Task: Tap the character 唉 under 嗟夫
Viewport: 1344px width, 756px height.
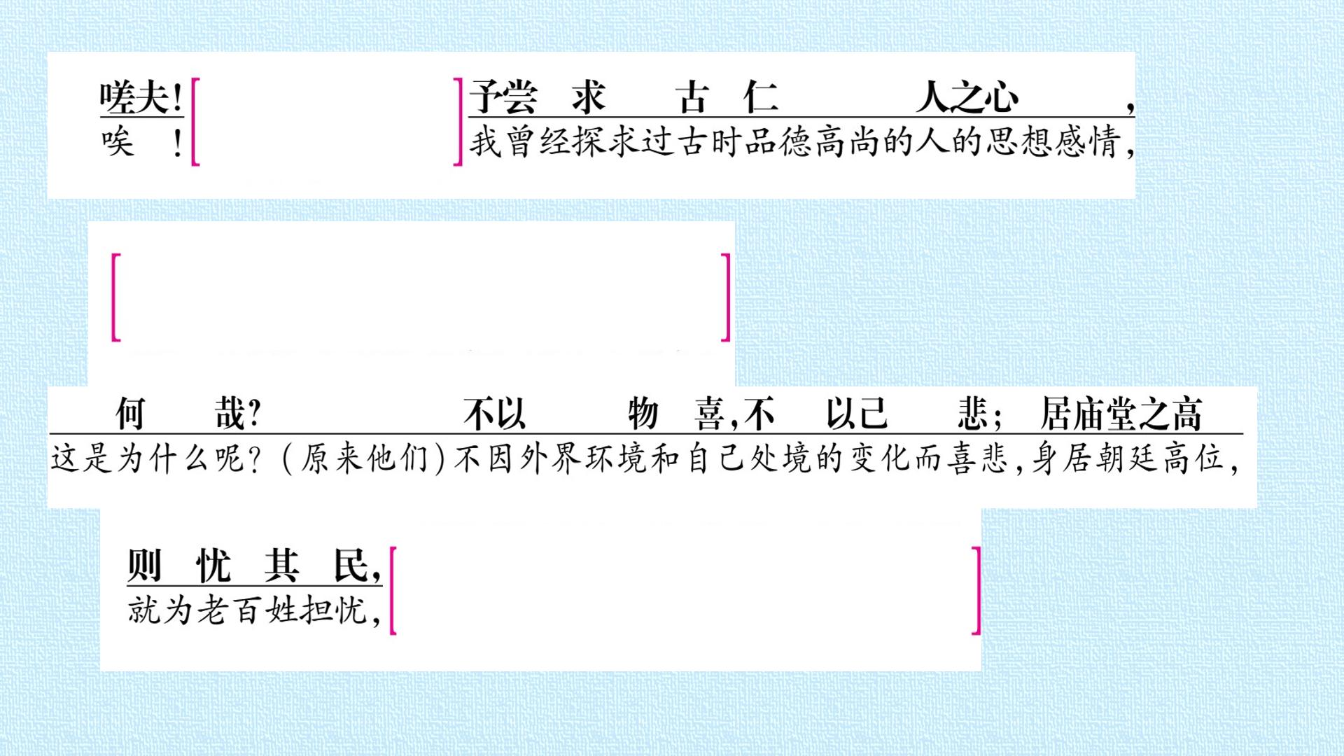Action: coord(117,142)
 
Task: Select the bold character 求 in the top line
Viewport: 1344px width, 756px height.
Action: coord(588,97)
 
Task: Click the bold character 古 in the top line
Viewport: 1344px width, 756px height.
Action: coord(692,97)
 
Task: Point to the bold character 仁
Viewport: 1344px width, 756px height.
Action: coord(761,97)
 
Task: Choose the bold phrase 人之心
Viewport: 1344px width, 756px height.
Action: coord(967,97)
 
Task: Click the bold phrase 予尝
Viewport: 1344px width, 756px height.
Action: coord(503,97)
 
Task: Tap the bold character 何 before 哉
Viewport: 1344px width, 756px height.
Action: coord(130,414)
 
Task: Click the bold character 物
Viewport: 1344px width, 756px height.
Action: coord(643,414)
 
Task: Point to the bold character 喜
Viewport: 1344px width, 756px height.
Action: coord(709,414)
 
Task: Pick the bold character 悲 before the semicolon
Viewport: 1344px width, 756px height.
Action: coord(973,414)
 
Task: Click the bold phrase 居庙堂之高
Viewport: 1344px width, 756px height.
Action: coord(1121,414)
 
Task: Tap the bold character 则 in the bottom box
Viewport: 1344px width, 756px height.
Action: coord(144,566)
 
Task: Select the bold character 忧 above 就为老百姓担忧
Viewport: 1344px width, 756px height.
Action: coord(213,566)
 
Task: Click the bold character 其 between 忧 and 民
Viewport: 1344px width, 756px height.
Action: coord(281,566)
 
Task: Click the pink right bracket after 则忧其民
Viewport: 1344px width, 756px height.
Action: coord(977,591)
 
